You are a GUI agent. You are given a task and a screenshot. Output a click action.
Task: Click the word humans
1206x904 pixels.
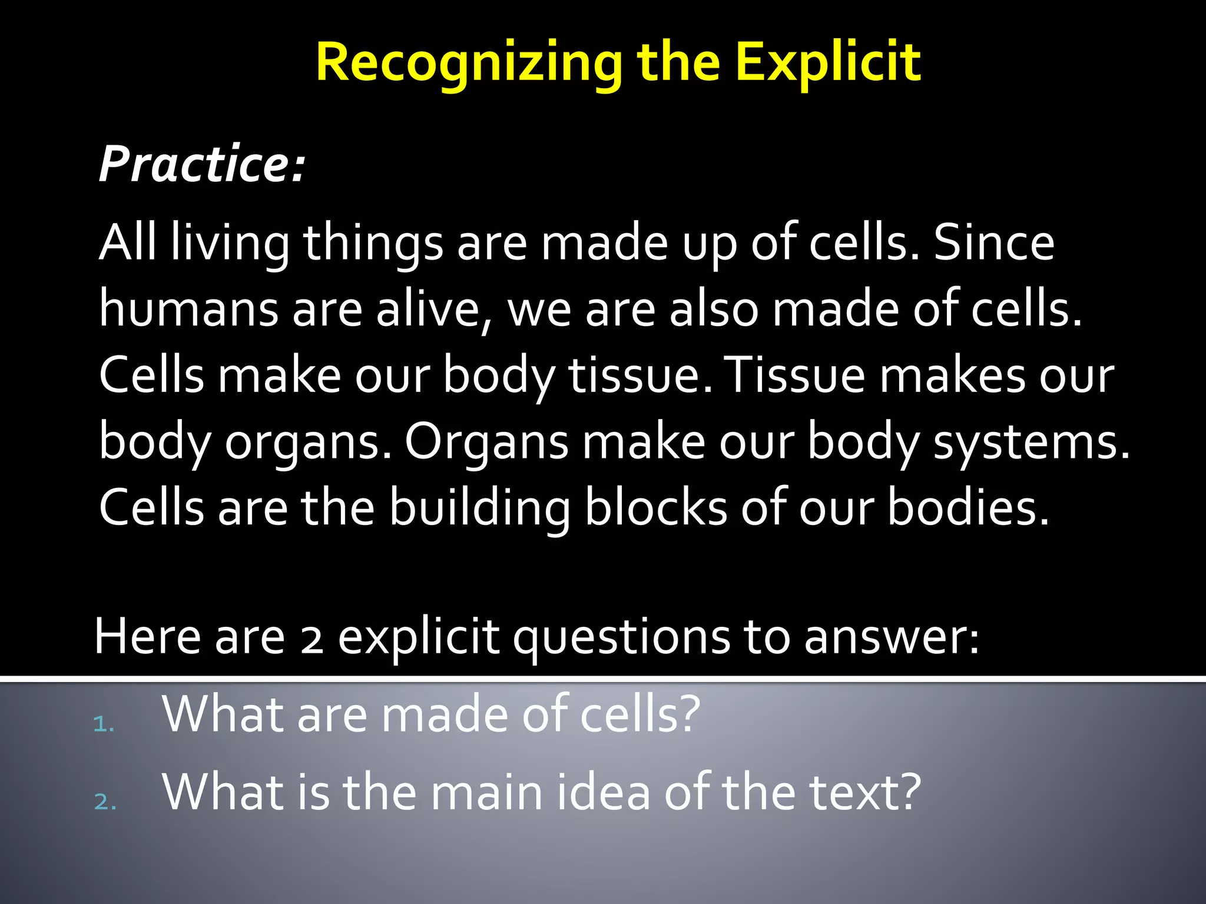pyautogui.click(x=188, y=310)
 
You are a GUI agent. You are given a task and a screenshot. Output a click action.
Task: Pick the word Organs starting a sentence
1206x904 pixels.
pyautogui.click(x=486, y=443)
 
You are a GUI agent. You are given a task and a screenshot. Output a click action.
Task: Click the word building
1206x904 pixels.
pyautogui.click(x=479, y=508)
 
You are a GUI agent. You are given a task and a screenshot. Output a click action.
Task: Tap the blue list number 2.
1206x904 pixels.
pyautogui.click(x=104, y=802)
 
